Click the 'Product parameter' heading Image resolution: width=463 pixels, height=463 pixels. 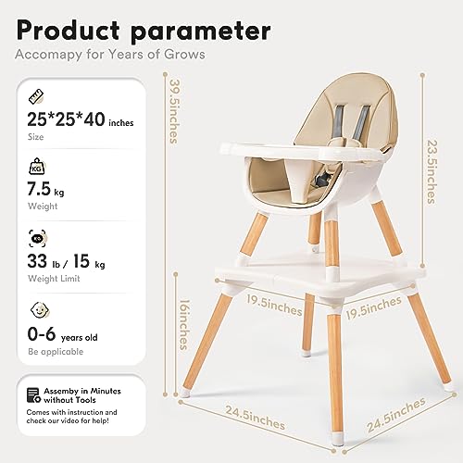click(144, 31)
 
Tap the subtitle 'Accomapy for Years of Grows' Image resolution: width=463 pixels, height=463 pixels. click(110, 55)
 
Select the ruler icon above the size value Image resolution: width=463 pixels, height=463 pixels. click(36, 96)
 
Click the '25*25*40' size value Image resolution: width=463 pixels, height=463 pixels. click(66, 119)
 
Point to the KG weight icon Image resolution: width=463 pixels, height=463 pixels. click(37, 167)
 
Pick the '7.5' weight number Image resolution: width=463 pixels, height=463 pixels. click(39, 189)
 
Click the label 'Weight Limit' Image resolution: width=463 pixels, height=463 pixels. click(54, 278)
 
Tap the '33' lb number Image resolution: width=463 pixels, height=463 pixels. click(37, 261)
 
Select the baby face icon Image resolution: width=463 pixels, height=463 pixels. click(40, 309)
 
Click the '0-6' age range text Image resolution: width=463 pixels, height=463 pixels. click(42, 334)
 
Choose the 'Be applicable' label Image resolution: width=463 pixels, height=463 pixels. click(56, 352)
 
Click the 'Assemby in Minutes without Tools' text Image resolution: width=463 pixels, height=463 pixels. click(82, 395)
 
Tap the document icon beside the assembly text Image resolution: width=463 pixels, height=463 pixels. click(33, 395)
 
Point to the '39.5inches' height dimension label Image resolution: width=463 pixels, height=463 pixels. click(175, 111)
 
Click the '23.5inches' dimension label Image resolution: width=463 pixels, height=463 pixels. click(432, 171)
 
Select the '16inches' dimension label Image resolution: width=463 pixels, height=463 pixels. click(184, 324)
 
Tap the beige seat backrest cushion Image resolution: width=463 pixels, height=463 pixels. click(344, 110)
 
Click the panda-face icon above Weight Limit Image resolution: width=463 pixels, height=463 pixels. click(37, 239)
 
